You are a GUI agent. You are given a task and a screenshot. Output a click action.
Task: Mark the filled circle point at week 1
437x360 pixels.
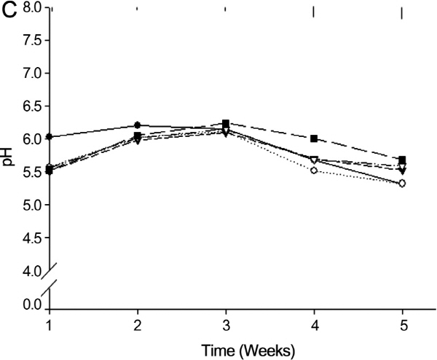[x=49, y=136]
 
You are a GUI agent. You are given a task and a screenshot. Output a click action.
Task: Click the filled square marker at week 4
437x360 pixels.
[x=314, y=138]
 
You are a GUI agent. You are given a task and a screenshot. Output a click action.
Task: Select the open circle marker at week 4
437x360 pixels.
[x=314, y=171]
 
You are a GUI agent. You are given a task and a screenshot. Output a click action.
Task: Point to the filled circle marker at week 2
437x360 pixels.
[x=138, y=125]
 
